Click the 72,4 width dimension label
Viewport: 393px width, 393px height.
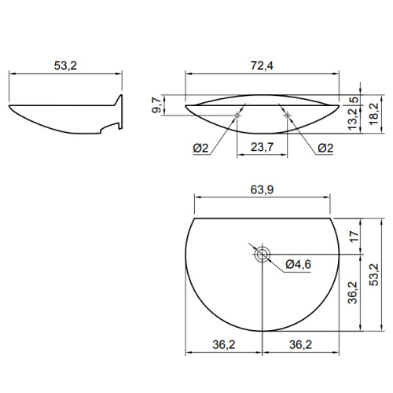point(262,65)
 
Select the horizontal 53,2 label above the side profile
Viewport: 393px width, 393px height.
point(65,65)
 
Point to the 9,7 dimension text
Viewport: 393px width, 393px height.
point(156,105)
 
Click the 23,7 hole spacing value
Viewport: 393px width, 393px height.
point(262,147)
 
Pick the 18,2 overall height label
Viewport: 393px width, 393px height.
point(374,114)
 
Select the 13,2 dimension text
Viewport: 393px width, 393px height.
point(353,119)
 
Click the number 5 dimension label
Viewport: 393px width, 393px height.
point(354,100)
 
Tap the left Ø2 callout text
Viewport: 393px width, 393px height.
point(200,149)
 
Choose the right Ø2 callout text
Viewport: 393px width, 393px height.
point(325,149)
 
